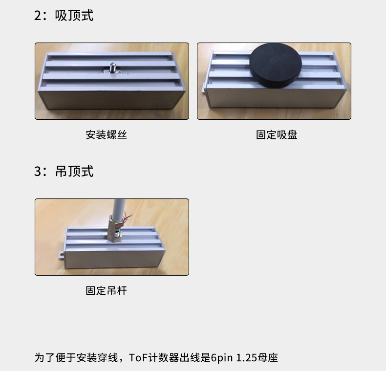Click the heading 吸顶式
point(74,16)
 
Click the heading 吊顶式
point(74,171)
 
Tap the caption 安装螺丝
point(107,135)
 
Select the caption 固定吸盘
point(277,135)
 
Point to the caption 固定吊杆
point(107,291)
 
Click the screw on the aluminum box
point(113,68)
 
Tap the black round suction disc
point(276,65)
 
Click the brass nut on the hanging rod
point(115,228)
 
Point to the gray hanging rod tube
point(119,208)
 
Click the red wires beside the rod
point(128,218)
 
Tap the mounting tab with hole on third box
point(61,255)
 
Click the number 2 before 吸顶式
point(38,16)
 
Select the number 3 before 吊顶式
point(38,172)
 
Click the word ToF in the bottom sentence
point(138,358)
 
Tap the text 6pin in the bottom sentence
point(221,358)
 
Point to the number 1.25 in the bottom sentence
point(247,358)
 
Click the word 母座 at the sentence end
point(268,358)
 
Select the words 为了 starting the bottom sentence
point(45,358)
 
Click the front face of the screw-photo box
point(111,100)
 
